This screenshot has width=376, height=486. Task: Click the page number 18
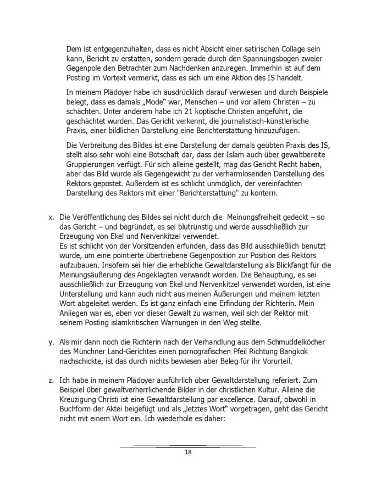coord(187,453)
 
